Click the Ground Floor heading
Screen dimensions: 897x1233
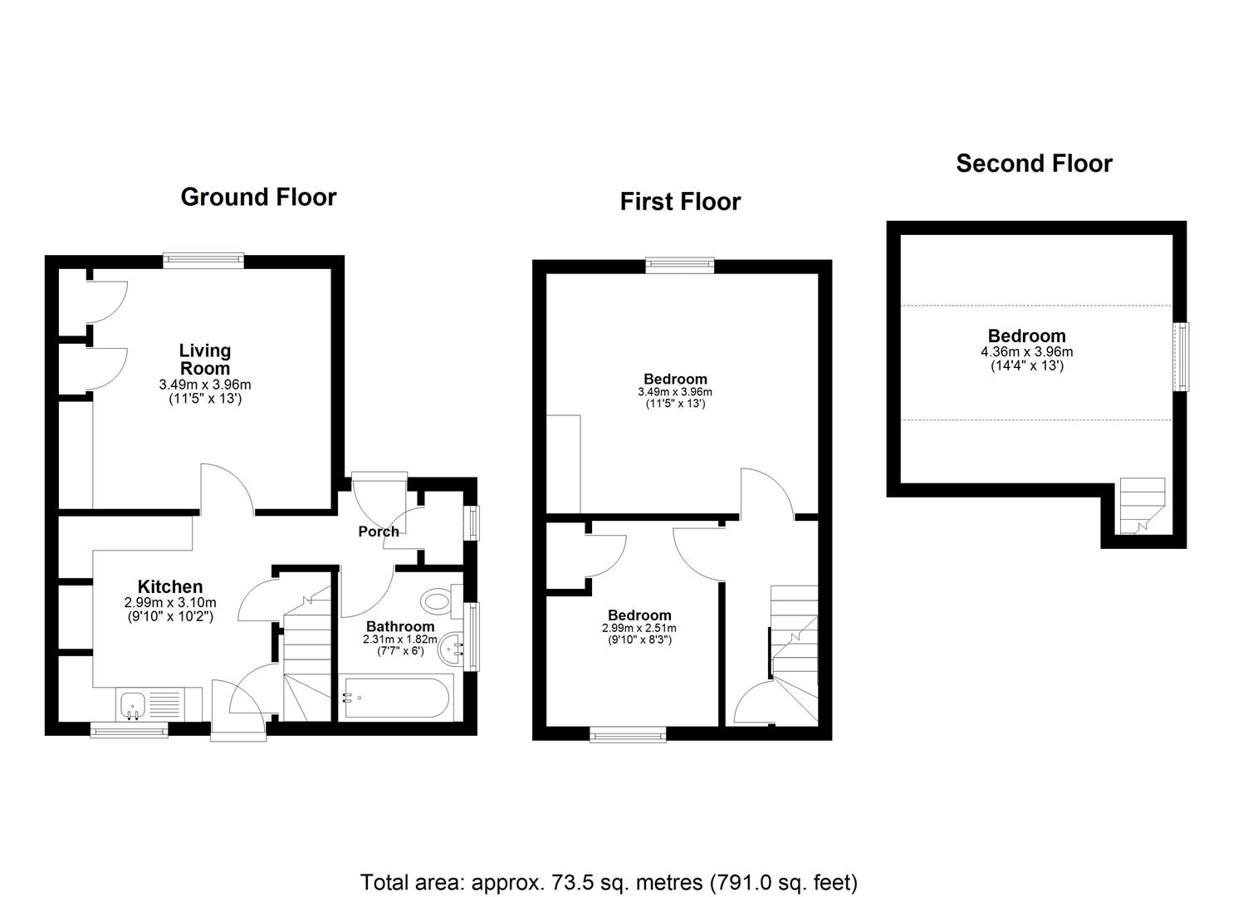pos(258,198)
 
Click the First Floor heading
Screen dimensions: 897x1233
pos(680,202)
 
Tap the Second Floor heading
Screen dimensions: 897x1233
pos(1034,164)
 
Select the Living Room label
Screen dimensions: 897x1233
pos(205,360)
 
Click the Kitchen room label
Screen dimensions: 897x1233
pos(170,586)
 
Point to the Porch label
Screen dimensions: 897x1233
pos(379,532)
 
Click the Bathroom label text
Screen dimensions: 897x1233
pos(400,626)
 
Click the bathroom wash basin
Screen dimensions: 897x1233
pos(453,648)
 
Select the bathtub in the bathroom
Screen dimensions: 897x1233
pos(395,698)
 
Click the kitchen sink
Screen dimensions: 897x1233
pos(134,705)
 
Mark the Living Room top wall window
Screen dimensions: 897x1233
pos(203,261)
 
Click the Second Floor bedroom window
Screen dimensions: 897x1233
pos(1180,356)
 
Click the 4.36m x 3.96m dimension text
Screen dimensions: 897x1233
pos(1026,352)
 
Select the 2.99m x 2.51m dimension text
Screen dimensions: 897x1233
pos(639,629)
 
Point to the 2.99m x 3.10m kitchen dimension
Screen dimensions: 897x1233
pos(170,603)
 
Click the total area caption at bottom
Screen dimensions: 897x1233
pos(609,882)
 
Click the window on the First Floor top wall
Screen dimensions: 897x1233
pos(680,265)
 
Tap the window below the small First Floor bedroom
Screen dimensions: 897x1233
pos(628,734)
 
